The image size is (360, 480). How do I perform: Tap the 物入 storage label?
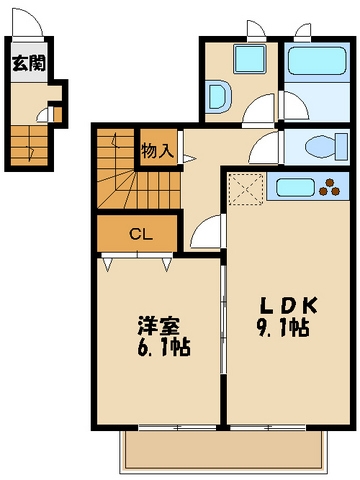(x=157, y=152)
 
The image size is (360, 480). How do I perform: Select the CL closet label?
(x=140, y=235)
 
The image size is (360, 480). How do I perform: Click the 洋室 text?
(x=158, y=325)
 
